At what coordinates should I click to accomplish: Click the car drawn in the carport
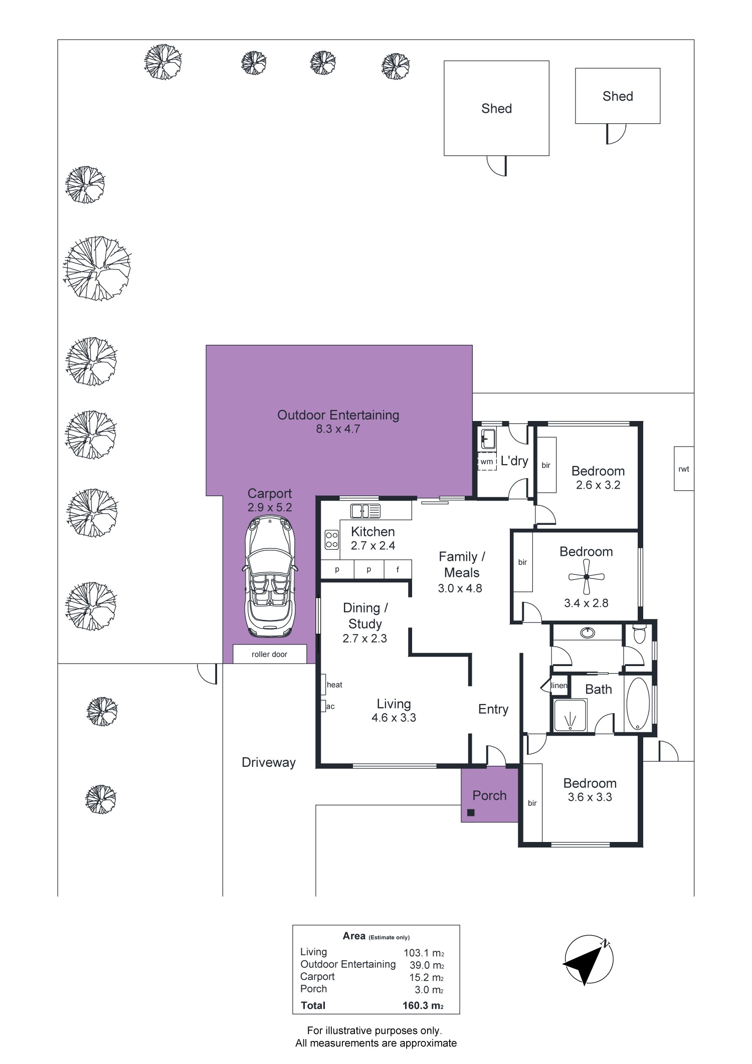pyautogui.click(x=270, y=576)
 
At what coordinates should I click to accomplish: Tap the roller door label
pyautogui.click(x=270, y=654)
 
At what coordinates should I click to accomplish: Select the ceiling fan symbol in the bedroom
pyautogui.click(x=586, y=577)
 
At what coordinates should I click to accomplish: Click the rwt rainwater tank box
pyautogui.click(x=684, y=469)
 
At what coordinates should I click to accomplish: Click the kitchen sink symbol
pyautogui.click(x=366, y=511)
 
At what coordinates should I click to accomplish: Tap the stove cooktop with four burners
pyautogui.click(x=331, y=540)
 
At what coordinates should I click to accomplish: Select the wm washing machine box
pyautogui.click(x=486, y=462)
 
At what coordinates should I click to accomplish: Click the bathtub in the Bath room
pyautogui.click(x=638, y=704)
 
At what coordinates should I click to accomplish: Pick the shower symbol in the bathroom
pyautogui.click(x=570, y=716)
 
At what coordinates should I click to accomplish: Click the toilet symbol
pyautogui.click(x=639, y=634)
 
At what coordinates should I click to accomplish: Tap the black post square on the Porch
pyautogui.click(x=471, y=813)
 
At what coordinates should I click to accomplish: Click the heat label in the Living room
pyautogui.click(x=334, y=685)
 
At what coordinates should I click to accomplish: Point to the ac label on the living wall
pyautogui.click(x=330, y=707)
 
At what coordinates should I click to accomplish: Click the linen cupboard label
pyautogui.click(x=559, y=686)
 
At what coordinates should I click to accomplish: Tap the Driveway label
pyautogui.click(x=269, y=763)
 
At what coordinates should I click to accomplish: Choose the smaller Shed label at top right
pyautogui.click(x=618, y=96)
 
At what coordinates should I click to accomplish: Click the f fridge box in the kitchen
pyautogui.click(x=398, y=569)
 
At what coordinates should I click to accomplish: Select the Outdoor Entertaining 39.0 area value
pyautogui.click(x=424, y=965)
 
